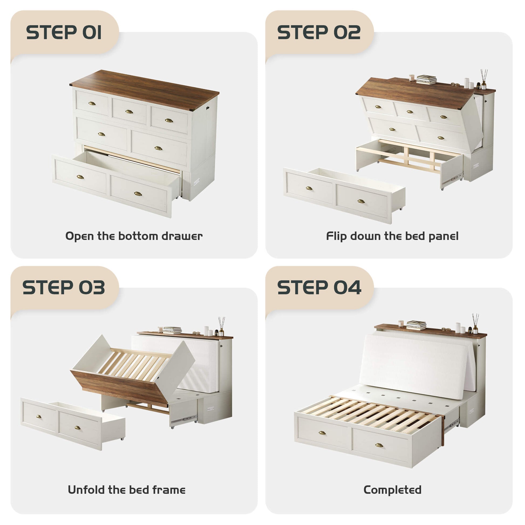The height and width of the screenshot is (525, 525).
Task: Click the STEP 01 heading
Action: click(64, 32)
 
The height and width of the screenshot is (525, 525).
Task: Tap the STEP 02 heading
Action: click(319, 32)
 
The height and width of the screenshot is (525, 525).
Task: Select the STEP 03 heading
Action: click(64, 288)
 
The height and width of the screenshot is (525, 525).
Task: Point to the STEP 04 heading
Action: click(319, 288)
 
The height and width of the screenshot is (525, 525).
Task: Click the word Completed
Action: click(392, 490)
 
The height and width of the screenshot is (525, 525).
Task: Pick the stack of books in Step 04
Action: click(416, 325)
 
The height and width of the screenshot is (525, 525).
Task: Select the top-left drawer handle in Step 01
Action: click(92, 103)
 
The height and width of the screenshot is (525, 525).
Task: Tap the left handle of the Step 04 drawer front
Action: click(322, 433)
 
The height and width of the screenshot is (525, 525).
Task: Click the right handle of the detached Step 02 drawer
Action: click(361, 201)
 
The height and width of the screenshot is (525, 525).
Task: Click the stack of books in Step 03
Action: click(172, 330)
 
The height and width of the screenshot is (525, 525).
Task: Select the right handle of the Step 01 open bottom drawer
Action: click(138, 194)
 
